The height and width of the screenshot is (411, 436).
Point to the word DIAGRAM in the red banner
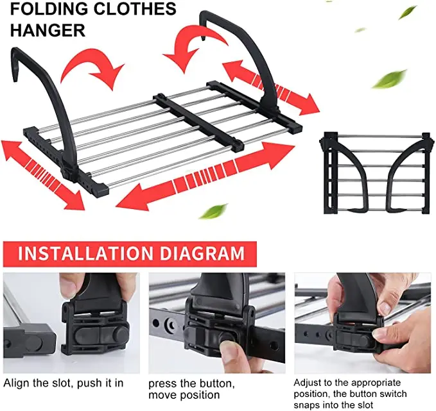click(201, 253)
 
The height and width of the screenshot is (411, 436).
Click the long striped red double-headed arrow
click(205, 175)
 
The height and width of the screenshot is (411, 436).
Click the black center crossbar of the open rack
click(198, 122)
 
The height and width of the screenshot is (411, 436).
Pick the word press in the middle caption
click(162, 383)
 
